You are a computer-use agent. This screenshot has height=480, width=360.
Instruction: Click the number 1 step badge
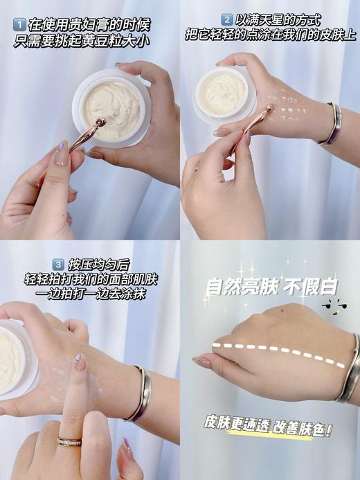(19, 25)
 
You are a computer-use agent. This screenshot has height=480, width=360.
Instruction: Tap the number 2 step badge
(226, 19)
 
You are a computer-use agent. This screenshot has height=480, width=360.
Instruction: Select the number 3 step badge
(59, 264)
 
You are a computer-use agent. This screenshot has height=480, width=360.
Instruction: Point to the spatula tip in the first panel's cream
(100, 123)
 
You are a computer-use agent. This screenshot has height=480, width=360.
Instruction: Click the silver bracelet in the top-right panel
(330, 125)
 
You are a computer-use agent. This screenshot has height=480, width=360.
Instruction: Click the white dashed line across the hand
(277, 348)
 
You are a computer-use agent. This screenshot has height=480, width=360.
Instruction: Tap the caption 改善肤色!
(298, 427)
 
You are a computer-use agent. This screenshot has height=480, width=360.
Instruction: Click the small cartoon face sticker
(331, 308)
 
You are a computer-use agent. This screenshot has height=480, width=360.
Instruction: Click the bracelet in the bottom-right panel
(348, 367)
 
